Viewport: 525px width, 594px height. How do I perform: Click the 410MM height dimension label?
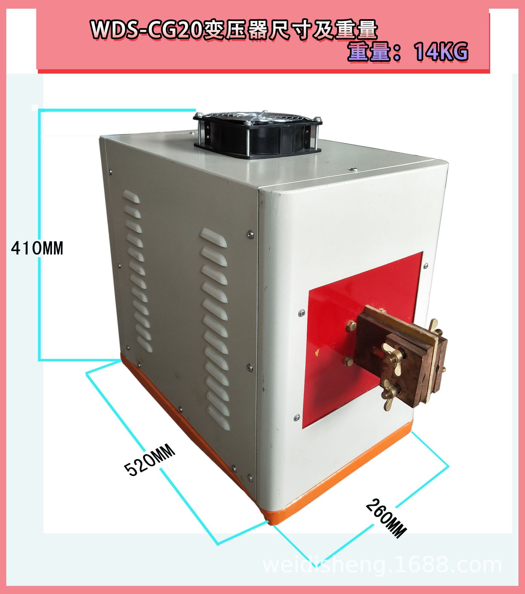point(37,248)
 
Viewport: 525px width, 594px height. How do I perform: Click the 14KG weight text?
point(441,52)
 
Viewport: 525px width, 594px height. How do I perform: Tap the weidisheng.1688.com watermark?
point(382,565)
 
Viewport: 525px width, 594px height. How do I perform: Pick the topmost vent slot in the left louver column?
point(131,197)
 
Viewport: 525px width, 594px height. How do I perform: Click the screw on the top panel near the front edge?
point(354,169)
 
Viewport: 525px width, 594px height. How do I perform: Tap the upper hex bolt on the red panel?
point(351,325)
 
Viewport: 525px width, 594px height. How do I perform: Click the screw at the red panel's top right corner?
point(426,265)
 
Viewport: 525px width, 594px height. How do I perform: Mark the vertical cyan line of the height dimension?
point(39,235)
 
